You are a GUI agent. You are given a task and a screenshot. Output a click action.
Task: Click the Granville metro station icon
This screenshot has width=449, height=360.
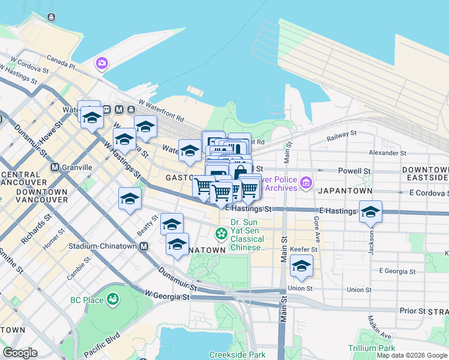point(55,167)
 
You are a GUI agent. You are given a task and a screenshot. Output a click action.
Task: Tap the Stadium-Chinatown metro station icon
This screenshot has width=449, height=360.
point(143,246)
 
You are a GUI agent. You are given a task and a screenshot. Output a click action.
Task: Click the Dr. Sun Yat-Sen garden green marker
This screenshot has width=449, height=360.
point(221,232)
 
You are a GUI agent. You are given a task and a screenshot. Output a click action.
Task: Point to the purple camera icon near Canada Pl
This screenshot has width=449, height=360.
point(101,62)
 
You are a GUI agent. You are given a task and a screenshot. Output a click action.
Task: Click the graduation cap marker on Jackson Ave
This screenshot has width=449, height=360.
point(370,211)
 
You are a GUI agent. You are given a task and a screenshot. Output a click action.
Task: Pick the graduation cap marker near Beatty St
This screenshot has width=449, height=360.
point(129,199)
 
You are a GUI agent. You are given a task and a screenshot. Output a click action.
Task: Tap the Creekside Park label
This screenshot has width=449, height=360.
point(237,355)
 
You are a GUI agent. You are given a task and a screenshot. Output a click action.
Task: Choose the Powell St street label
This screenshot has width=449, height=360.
point(354,171)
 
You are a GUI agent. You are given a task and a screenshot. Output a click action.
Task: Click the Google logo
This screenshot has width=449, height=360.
point(20,353)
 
